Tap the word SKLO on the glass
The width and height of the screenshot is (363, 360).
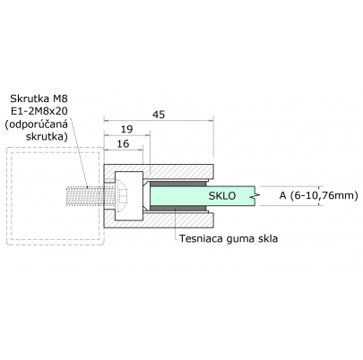coord(222,194)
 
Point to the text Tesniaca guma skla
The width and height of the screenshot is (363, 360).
coord(229,238)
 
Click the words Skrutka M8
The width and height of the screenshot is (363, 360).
coord(39,97)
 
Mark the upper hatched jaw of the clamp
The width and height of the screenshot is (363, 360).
coord(179,173)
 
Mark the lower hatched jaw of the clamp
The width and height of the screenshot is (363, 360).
coord(179,216)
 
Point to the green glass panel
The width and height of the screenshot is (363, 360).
coord(188,194)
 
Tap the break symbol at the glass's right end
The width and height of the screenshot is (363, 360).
coord(256,194)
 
